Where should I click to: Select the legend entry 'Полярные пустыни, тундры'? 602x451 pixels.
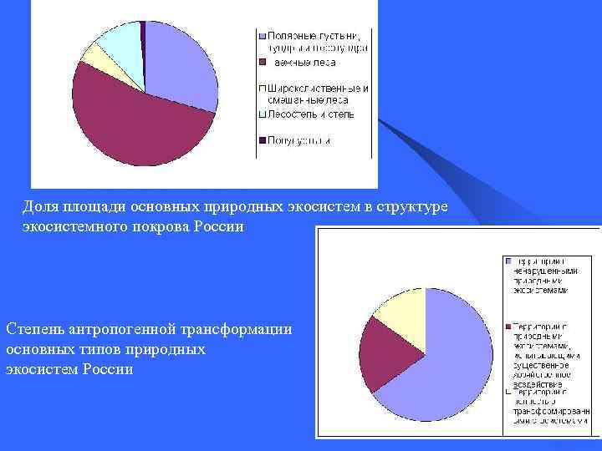pos(314,41)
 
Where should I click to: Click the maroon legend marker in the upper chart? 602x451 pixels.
pos(263,62)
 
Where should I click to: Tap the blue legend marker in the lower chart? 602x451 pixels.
pos(508,261)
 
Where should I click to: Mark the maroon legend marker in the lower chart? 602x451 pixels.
pos(508,327)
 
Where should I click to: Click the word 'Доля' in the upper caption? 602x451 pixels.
pos(39,207)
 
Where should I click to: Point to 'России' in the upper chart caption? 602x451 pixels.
pos(222,227)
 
